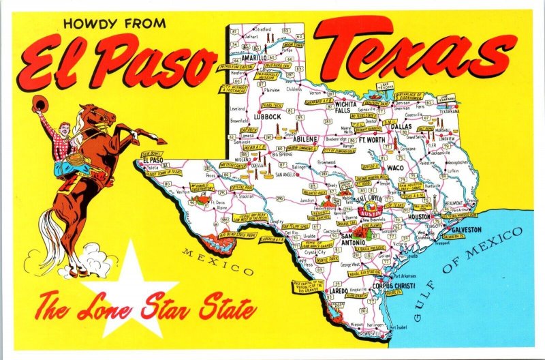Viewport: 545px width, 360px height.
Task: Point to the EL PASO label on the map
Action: [x=155, y=161]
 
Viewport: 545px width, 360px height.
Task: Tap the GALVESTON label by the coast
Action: [x=466, y=230]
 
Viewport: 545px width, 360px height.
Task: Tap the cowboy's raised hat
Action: [x=38, y=103]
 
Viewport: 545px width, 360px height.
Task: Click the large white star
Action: [x=136, y=286]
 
